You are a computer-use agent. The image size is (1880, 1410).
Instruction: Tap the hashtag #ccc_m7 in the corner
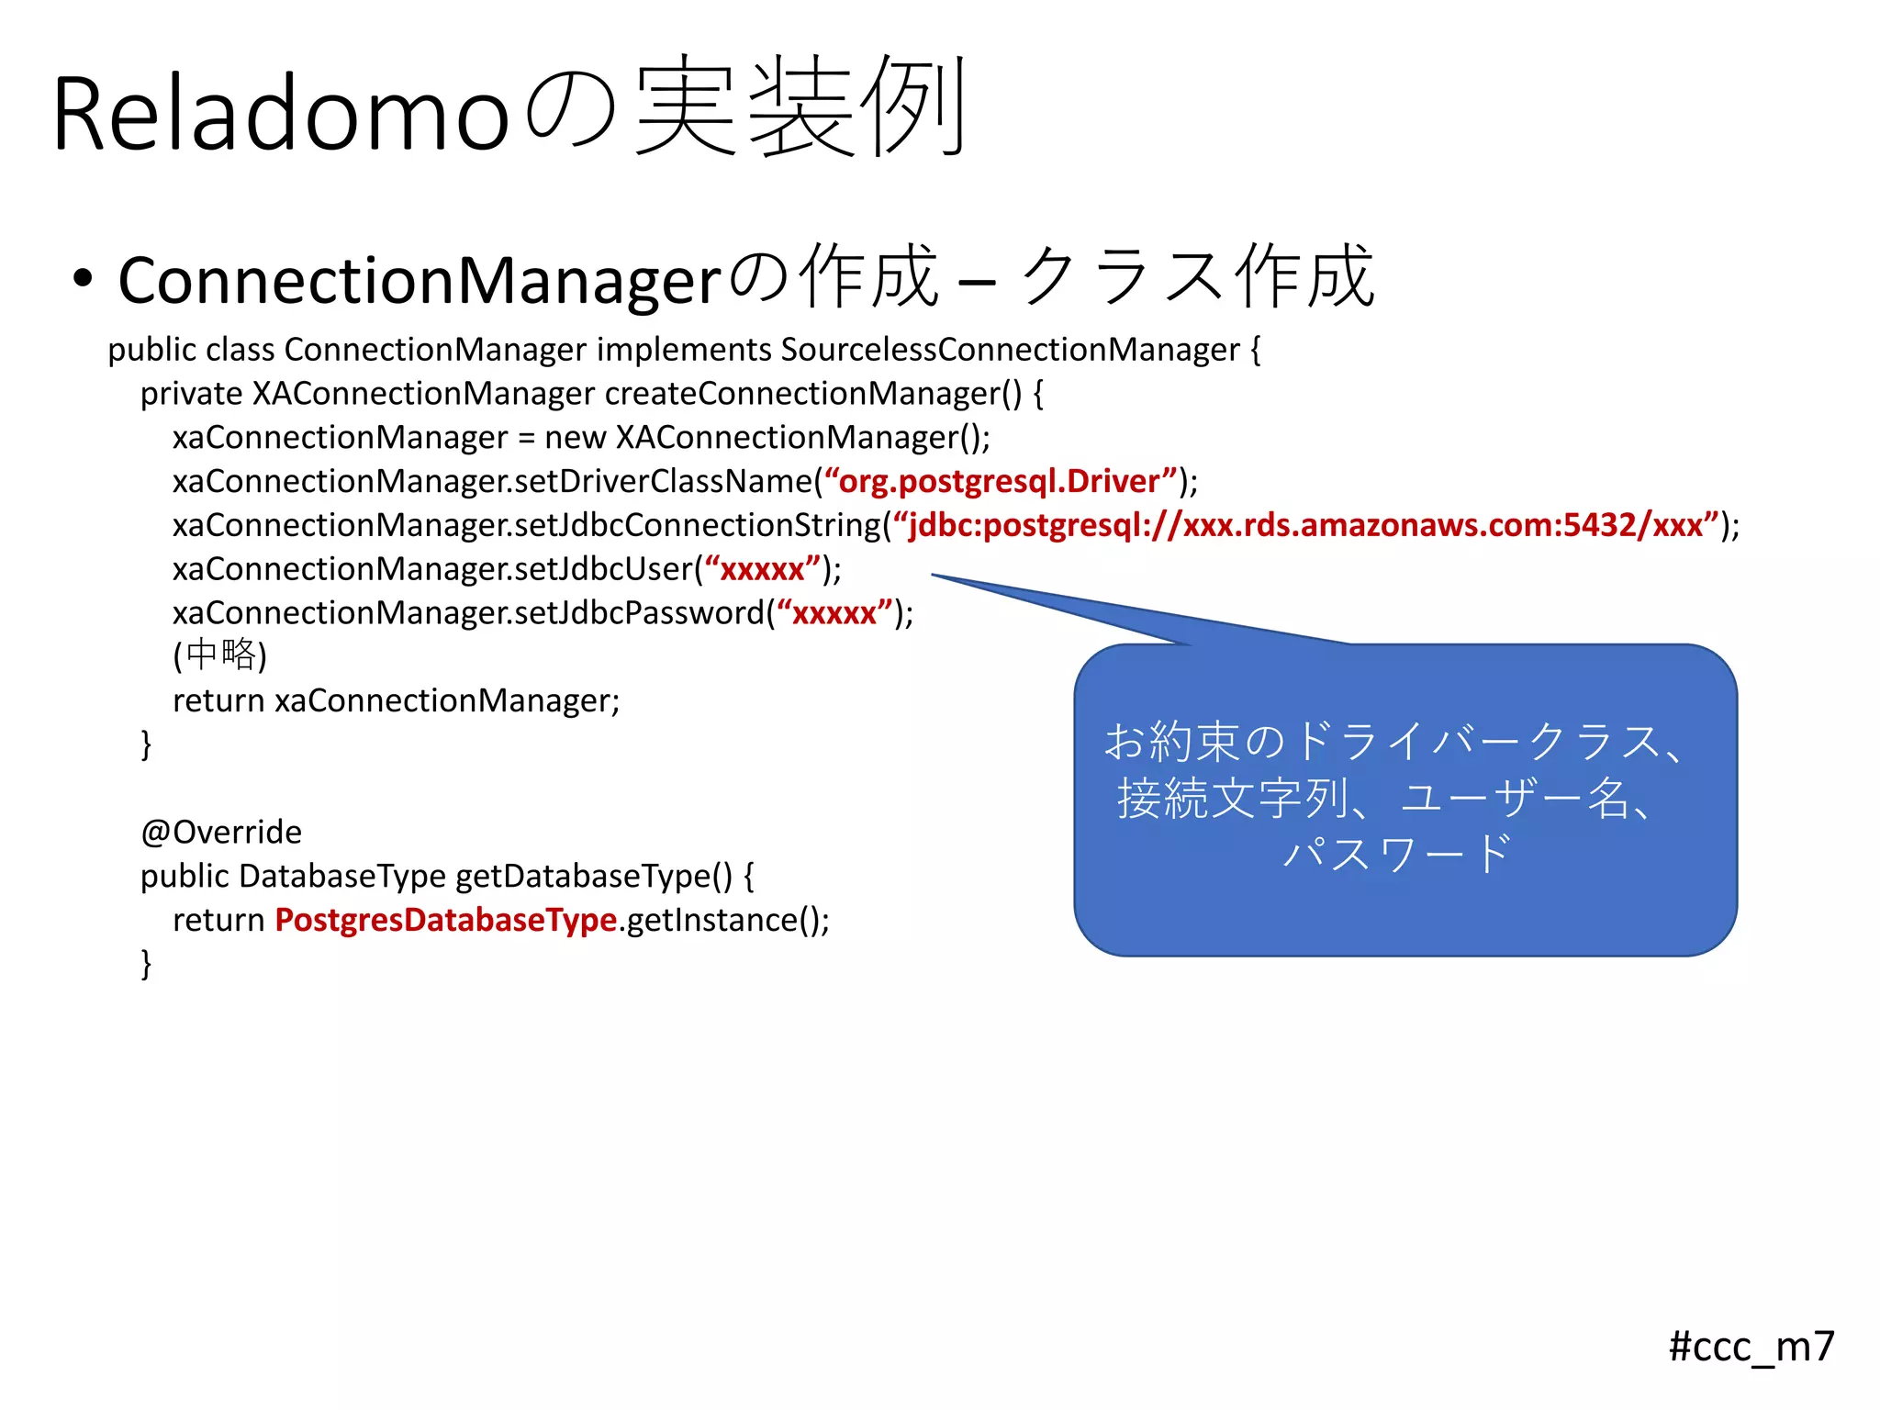click(x=1751, y=1347)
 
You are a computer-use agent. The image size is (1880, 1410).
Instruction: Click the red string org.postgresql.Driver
click(x=1000, y=481)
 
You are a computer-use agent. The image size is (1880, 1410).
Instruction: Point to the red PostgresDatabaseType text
click(x=445, y=920)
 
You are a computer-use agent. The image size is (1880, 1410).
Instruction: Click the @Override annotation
click(x=221, y=832)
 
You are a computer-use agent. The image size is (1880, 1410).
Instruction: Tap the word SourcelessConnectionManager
click(x=1010, y=350)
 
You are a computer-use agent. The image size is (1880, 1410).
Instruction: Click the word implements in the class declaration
click(x=684, y=350)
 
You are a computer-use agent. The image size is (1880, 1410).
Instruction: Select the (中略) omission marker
click(x=219, y=655)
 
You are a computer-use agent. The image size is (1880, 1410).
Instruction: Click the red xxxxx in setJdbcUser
click(x=762, y=569)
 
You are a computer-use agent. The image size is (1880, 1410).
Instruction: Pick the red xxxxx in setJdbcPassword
click(x=834, y=613)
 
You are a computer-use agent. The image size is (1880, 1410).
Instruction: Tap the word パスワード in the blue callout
click(x=1396, y=854)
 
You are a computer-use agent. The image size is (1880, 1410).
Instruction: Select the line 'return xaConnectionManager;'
click(x=396, y=700)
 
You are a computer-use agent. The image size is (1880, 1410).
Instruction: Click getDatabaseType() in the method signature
click(x=593, y=876)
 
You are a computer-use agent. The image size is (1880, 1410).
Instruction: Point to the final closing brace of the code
click(x=146, y=963)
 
